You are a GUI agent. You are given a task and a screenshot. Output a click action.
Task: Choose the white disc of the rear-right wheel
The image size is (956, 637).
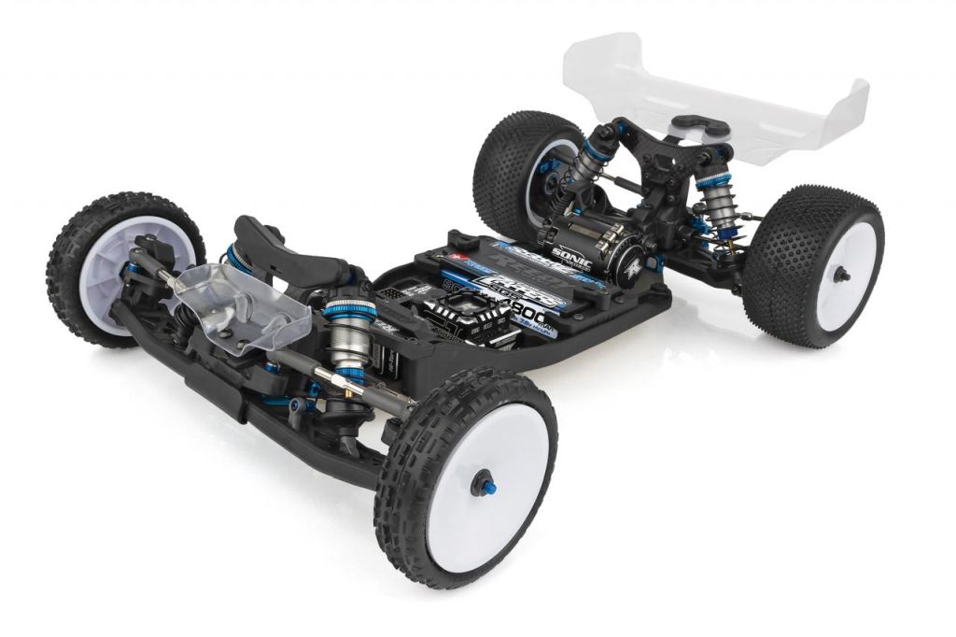845,276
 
